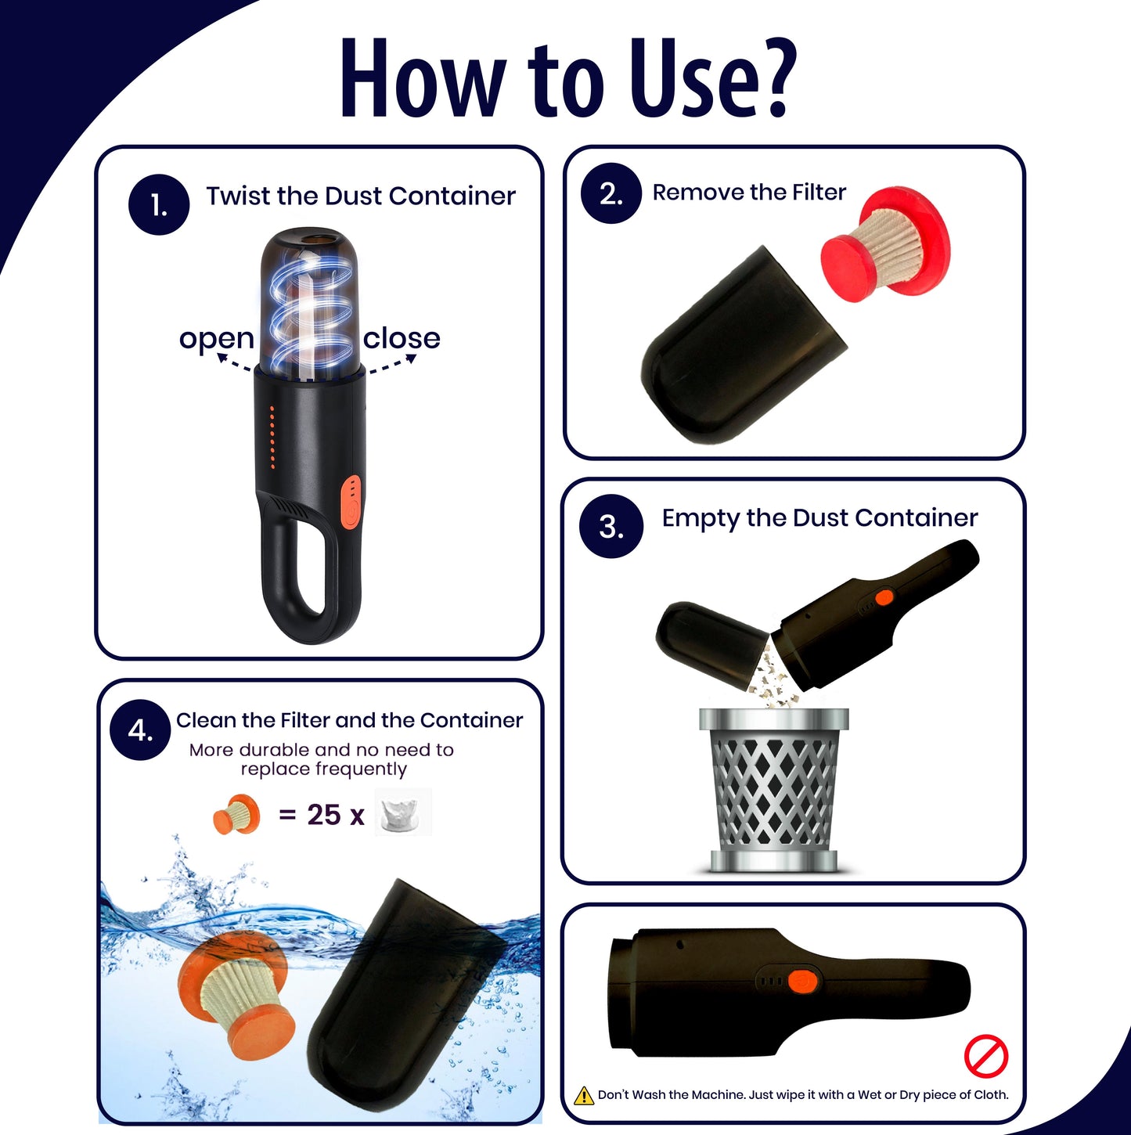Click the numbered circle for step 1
158,204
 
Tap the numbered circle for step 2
611,193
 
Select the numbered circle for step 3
611,526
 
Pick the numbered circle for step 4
141,730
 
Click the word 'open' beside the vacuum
216,339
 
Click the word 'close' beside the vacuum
402,338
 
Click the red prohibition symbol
986,1056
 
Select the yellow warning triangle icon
584,1096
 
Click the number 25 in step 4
323,815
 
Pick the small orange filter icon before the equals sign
236,814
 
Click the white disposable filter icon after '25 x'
404,813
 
